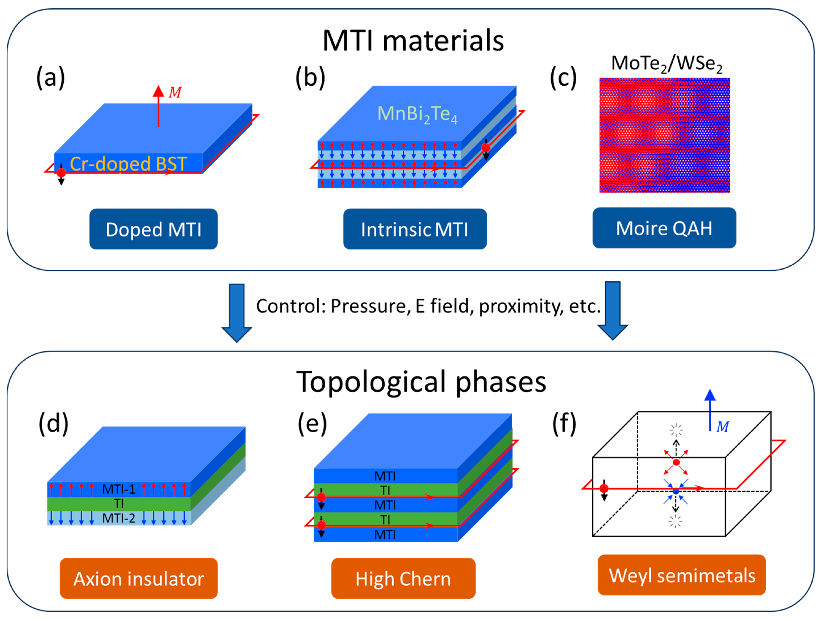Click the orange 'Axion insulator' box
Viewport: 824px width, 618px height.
[x=139, y=578]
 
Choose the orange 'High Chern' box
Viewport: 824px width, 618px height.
[x=403, y=578]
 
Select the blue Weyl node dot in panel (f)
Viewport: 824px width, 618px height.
[x=676, y=491]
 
